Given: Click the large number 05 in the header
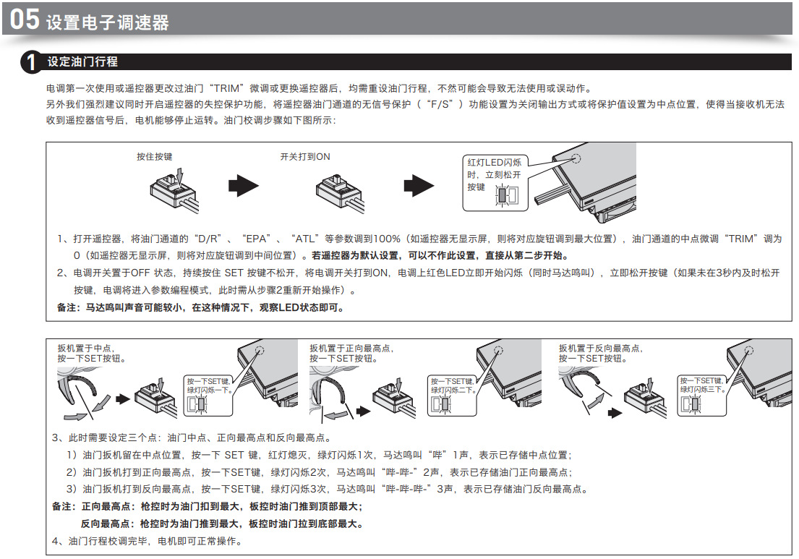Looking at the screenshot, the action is point(25,20).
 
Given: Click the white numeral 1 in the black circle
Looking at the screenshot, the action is point(31,62).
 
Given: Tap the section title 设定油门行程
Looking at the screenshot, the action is point(82,61).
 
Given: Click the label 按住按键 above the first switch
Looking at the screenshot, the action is point(155,156).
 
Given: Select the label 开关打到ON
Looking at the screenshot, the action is point(305,156).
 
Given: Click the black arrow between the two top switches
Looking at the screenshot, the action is point(244,185).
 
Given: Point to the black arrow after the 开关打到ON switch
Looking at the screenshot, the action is point(419,185).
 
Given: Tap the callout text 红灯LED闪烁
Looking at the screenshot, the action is point(495,163).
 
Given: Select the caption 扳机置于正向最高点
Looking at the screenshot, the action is point(351,348).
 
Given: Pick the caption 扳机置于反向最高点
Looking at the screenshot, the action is point(600,348).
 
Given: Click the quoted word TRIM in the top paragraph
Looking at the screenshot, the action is point(226,88).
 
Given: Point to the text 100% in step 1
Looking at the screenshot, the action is point(387,239).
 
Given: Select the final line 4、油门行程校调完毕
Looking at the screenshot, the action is point(147,541).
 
